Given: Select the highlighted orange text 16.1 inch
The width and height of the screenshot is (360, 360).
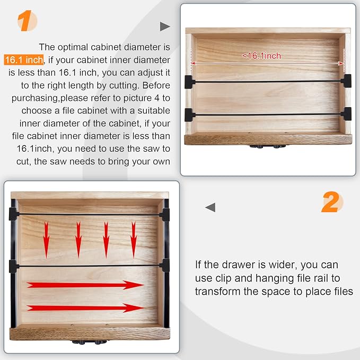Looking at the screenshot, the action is point(24,60).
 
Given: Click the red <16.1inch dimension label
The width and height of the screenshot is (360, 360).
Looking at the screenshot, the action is point(261,56).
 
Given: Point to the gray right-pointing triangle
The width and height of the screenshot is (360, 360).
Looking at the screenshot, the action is point(164,27).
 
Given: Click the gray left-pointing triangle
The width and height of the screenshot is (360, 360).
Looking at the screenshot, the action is point(210,207).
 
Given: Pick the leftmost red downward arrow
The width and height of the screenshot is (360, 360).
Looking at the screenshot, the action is point(46,240).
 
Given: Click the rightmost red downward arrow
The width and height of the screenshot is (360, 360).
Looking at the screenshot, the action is point(134,240).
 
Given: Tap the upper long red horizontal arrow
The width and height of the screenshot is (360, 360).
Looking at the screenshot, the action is point(85,285).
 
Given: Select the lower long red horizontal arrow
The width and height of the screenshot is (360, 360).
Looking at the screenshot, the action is point(85,308).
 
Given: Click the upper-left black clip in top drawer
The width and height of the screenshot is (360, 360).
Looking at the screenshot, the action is point(190,82).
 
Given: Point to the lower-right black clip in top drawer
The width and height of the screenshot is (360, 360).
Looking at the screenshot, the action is point(346,114).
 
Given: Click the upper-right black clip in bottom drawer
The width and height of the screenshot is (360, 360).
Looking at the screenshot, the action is point(165,215).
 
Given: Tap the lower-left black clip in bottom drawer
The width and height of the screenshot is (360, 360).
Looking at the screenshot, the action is point(14,266).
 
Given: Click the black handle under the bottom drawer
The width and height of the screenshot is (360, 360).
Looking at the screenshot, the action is point(89,342).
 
